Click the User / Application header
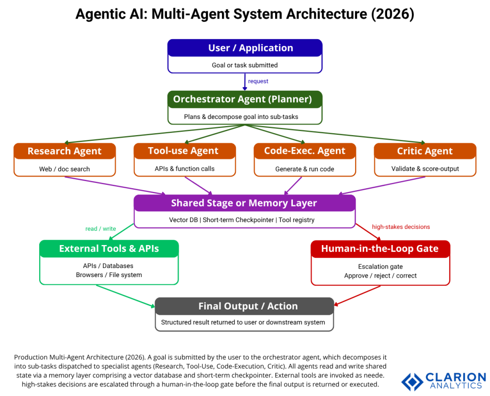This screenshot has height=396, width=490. [245, 48]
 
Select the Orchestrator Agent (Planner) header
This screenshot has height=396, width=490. [245, 99]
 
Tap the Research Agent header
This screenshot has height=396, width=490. [65, 151]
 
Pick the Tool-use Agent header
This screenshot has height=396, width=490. [184, 151]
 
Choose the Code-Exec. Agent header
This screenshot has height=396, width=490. [304, 151]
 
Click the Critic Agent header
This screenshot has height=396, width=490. [424, 151]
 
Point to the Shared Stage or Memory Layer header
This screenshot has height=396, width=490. [244, 203]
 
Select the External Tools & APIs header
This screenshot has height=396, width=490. [109, 249]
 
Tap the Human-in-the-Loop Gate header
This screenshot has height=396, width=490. [380, 249]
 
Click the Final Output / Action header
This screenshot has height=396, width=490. [244, 306]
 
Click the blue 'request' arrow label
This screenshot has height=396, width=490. [258, 82]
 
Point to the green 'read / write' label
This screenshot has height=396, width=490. [100, 229]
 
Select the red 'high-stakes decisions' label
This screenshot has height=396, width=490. [401, 227]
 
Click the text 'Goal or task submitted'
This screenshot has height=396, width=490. [245, 65]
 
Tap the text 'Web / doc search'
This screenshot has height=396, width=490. [65, 169]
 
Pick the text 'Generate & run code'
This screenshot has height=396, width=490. [304, 169]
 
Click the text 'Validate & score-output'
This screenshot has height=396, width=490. [425, 169]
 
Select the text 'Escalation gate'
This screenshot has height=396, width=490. [380, 267]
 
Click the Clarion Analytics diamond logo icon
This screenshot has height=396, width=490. [412, 381]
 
